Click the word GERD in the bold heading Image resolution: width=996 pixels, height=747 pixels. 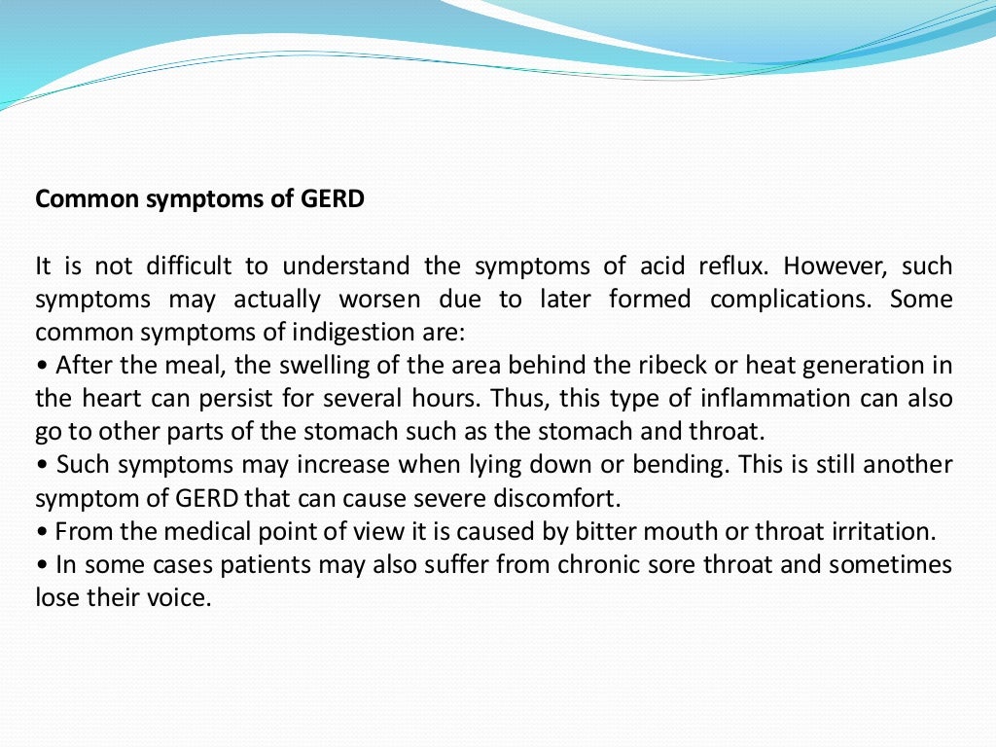(x=333, y=199)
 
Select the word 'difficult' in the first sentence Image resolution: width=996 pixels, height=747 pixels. (x=191, y=267)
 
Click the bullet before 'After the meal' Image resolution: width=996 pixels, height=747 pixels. (x=42, y=367)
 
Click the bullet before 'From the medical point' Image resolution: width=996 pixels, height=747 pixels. (x=42, y=532)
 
